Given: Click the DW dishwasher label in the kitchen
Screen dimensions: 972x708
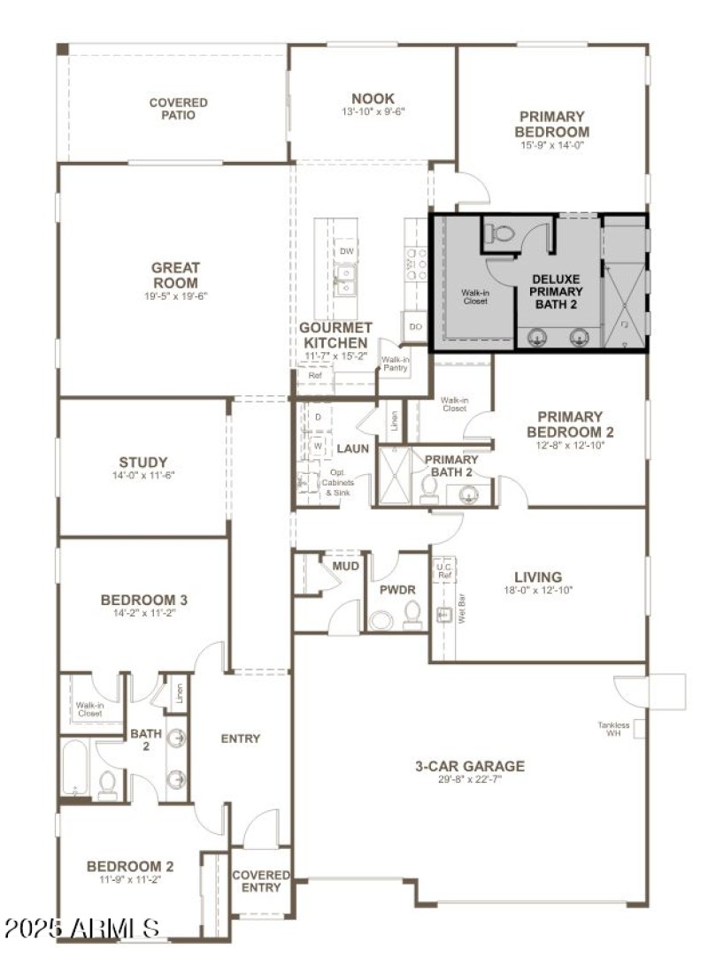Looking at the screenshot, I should (345, 251).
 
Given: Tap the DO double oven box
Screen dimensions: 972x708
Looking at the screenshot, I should (415, 327).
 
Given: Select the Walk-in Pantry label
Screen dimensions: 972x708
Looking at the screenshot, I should (394, 364).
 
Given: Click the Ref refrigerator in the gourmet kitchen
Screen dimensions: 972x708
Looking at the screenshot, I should (314, 376).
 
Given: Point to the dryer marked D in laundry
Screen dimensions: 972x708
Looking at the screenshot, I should (318, 417).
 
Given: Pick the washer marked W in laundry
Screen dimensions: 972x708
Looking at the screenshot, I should (318, 446).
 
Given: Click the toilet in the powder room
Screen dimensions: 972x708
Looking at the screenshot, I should (413, 613).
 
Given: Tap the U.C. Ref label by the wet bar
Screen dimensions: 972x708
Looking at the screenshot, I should (444, 571).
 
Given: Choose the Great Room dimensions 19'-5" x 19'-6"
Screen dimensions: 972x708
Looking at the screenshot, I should (175, 296).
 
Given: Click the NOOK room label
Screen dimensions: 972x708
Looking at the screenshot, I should (373, 98).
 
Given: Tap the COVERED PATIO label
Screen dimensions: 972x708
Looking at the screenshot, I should (178, 109).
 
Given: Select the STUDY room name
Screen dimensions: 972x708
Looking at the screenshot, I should (142, 462).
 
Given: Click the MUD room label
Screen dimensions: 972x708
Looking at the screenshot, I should (345, 565).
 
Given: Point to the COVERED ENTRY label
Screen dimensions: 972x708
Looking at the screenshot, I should (261, 880).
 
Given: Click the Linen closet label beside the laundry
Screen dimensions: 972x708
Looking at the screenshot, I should (394, 420).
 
